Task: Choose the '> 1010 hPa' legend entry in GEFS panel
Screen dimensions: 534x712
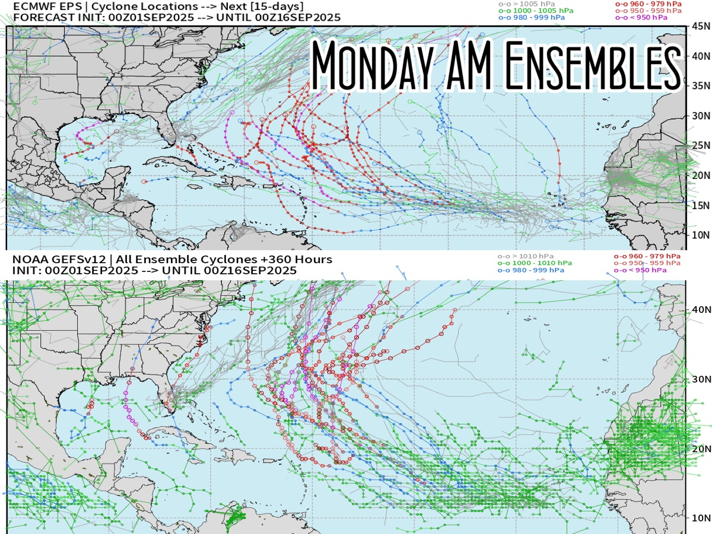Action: [x=522, y=255]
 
